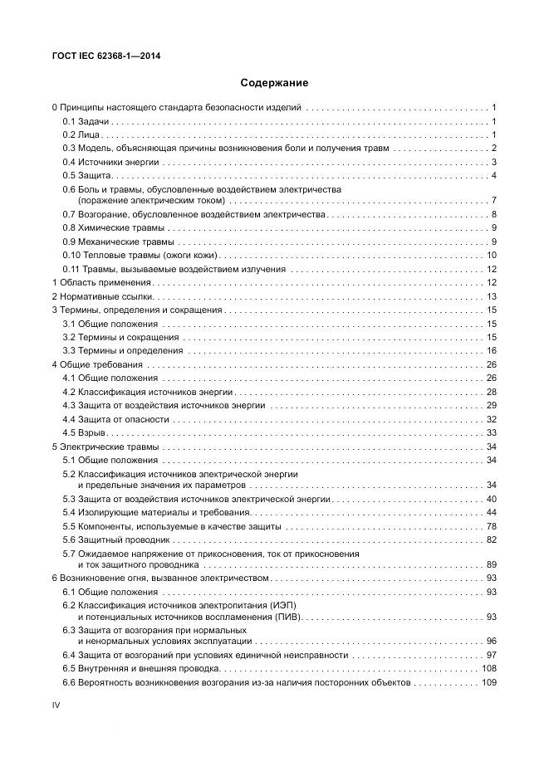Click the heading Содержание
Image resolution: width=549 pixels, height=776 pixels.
[274, 83]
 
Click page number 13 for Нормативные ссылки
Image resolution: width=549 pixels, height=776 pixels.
[491, 296]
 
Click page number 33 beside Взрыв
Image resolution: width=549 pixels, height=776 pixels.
[491, 432]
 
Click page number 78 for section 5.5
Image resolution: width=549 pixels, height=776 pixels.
[491, 526]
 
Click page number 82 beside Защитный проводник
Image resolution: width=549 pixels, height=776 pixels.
[491, 539]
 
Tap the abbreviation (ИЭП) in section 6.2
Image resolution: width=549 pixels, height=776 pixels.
[282, 606]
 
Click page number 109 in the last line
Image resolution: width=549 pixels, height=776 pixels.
[488, 682]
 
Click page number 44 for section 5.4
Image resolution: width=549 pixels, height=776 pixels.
[491, 513]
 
